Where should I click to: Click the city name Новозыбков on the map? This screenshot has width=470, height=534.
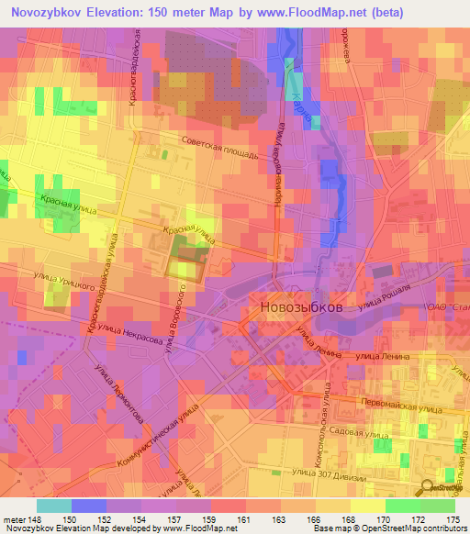[301, 308]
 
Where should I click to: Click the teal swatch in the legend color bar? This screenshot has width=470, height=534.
[54, 506]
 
